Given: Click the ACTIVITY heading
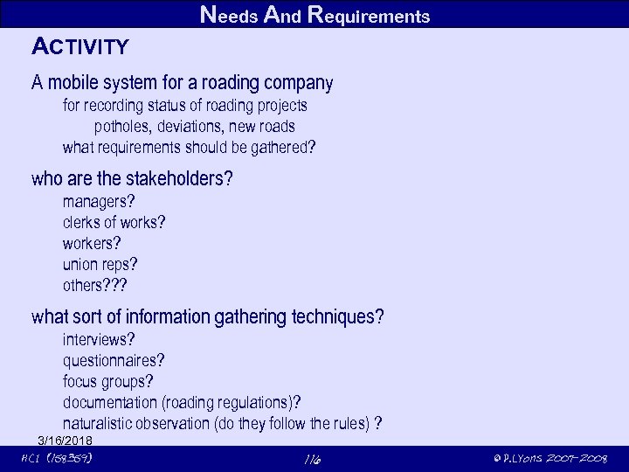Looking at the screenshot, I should tap(80, 46).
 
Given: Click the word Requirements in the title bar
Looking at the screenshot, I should tap(369, 15).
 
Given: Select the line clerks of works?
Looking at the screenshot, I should tap(114, 222).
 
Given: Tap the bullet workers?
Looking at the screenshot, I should tap(92, 243).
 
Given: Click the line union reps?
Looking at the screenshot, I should tap(100, 264).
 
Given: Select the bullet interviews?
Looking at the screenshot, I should tap(99, 339).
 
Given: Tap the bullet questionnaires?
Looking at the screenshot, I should tap(114, 360).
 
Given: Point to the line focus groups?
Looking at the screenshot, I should tap(107, 381).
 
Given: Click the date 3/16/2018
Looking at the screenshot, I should tap(66, 440).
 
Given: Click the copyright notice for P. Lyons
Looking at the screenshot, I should tap(550, 459).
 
